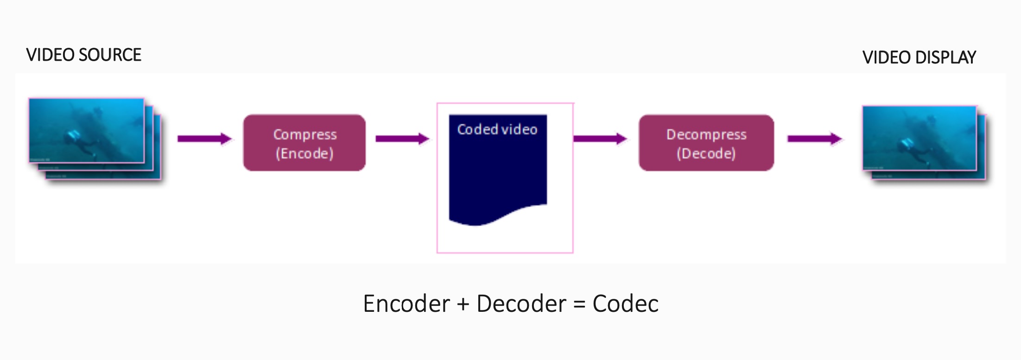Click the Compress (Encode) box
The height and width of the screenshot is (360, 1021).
coord(304,143)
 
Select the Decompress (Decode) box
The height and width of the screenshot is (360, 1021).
coord(706,143)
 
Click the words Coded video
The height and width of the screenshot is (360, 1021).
coord(497,129)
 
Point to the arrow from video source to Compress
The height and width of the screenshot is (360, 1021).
coord(204,139)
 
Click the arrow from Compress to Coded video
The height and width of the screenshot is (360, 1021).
coord(402,139)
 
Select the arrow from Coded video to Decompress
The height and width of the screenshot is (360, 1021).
coord(600,139)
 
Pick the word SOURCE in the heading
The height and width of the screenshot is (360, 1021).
coord(110,55)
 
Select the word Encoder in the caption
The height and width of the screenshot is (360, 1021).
coord(406,304)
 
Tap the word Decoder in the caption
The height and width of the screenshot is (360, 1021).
coord(521,304)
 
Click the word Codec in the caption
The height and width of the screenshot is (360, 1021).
coord(625,304)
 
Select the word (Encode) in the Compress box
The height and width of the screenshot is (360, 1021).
coord(304,153)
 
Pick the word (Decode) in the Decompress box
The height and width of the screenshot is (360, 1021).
coord(706,153)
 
